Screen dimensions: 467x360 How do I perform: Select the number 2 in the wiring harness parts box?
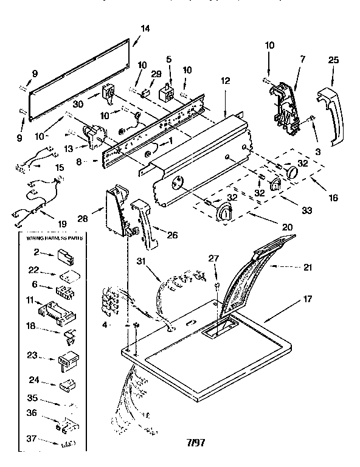tap(36, 251)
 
